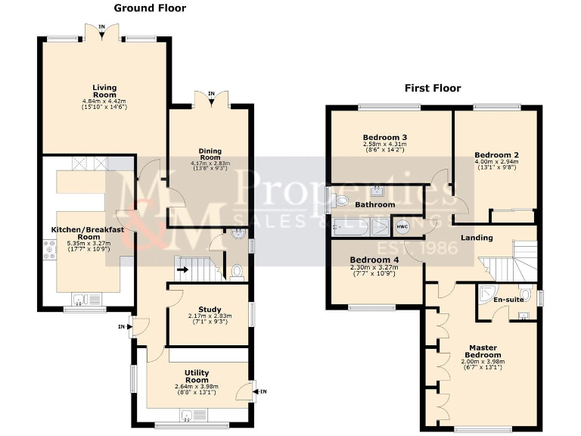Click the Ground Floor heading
(149, 8)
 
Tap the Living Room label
(104, 91)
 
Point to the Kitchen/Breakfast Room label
(86, 233)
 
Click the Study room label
(210, 309)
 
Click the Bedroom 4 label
(374, 259)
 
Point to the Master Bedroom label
(483, 350)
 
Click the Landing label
(477, 238)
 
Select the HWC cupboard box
(401, 225)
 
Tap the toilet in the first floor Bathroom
(339, 201)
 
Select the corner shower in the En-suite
(486, 293)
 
